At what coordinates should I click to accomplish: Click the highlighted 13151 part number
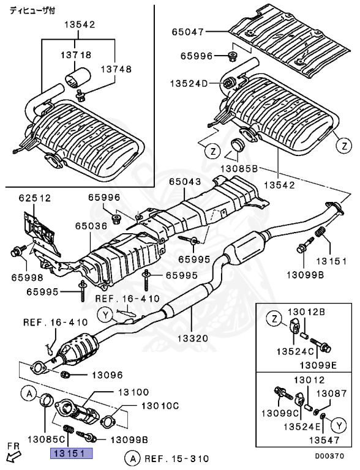[71, 453]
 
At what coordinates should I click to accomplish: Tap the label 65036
[92, 225]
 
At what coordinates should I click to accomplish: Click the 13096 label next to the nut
[107, 375]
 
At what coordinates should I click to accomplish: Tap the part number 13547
[324, 439]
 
